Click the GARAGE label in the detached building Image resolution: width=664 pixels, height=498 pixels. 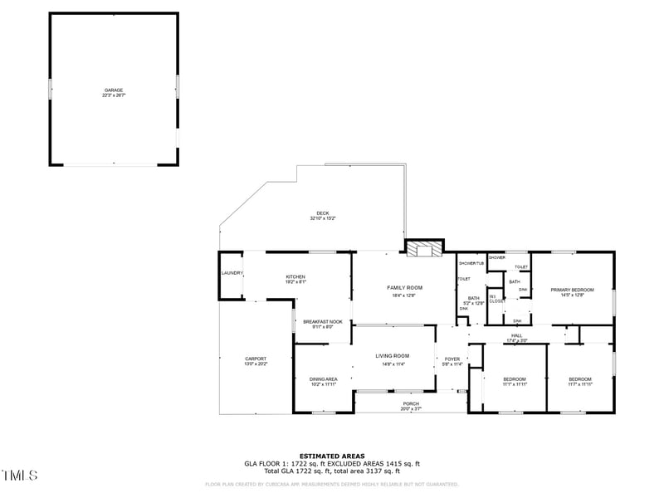[114, 90]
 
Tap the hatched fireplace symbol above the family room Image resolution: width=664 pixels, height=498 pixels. [423, 248]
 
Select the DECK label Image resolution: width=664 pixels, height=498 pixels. [323, 213]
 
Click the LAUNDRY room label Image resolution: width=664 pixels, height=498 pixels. [232, 273]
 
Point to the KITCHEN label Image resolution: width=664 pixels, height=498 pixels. [296, 276]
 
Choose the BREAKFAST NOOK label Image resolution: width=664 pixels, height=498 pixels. [323, 321]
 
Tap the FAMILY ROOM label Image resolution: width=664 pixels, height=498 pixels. [405, 288]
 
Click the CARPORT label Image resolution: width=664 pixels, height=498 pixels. [256, 359]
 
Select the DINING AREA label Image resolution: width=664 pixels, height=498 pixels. [323, 379]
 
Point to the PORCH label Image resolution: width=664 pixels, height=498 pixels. [412, 404]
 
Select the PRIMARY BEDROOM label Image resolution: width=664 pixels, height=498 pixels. [573, 290]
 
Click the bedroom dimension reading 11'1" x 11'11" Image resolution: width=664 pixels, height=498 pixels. [515, 384]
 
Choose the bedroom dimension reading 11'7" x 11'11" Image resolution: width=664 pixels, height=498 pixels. [579, 384]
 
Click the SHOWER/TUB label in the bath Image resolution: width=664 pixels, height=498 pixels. [471, 263]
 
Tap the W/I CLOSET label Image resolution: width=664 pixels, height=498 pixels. [496, 299]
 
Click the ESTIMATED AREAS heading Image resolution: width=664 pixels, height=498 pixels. [332, 456]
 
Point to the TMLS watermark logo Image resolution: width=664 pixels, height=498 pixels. [19, 476]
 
